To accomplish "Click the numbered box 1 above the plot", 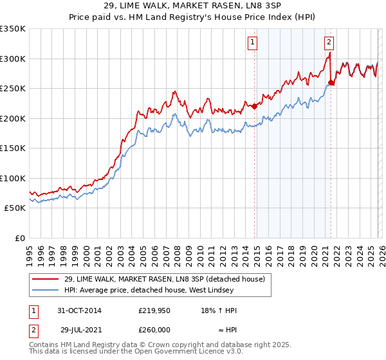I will (252, 43).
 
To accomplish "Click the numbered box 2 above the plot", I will (329, 43).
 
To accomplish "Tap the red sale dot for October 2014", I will (254, 107).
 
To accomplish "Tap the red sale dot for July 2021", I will (331, 82).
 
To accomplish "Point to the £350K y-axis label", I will (13, 29).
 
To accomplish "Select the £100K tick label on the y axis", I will (13, 178).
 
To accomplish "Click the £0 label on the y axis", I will (19, 238).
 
